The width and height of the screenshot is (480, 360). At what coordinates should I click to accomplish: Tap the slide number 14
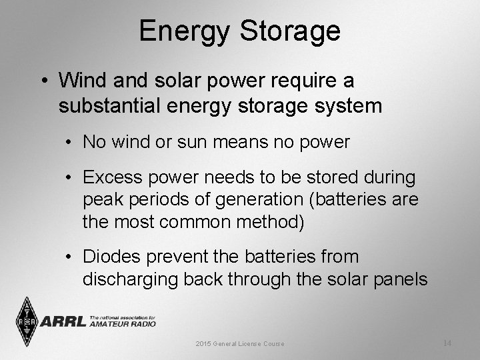447,343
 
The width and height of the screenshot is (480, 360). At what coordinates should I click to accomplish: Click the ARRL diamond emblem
26,321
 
